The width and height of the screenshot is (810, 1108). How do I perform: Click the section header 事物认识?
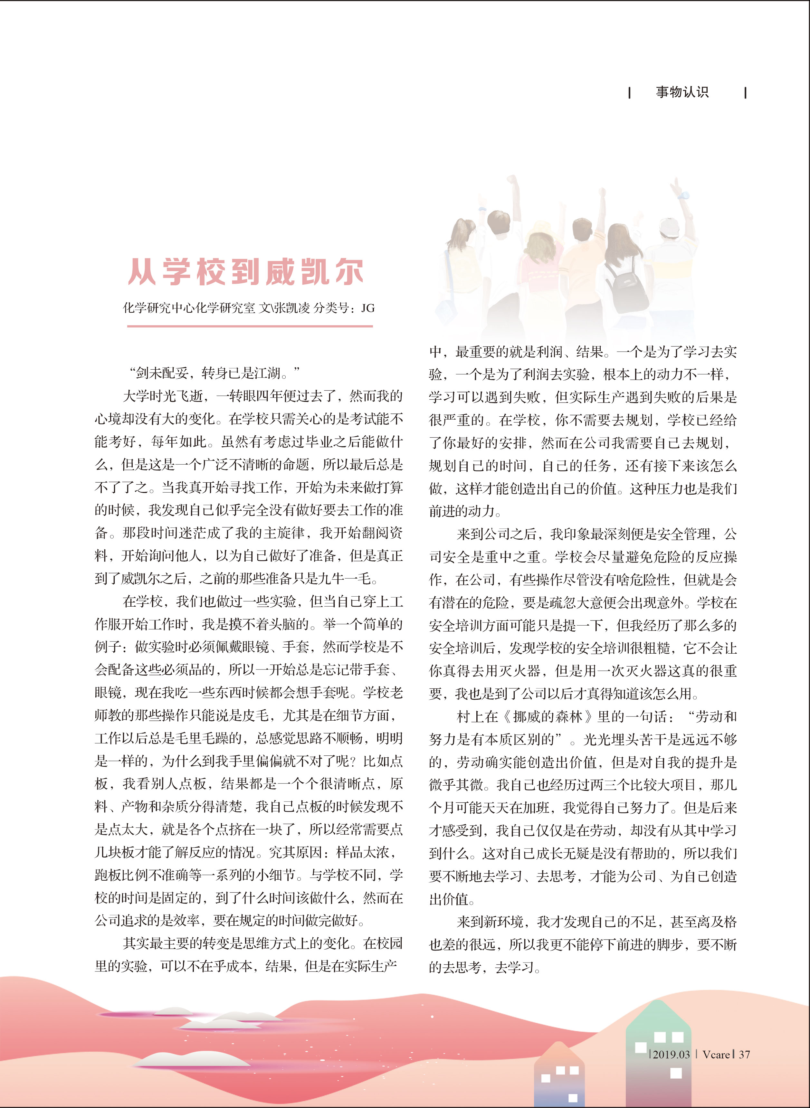682,92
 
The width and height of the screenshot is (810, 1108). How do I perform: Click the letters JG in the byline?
368,308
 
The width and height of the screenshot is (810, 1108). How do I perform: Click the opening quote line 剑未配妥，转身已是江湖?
214,373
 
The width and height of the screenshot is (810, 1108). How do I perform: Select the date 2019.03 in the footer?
671,1054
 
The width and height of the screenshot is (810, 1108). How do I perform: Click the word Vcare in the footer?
716,1054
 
